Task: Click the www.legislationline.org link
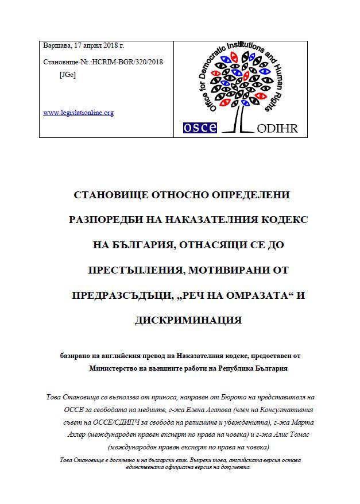[x=78, y=113]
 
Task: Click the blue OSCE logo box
[x=199, y=127]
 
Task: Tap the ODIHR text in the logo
[x=277, y=128]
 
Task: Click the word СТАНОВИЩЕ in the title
[x=111, y=195]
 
